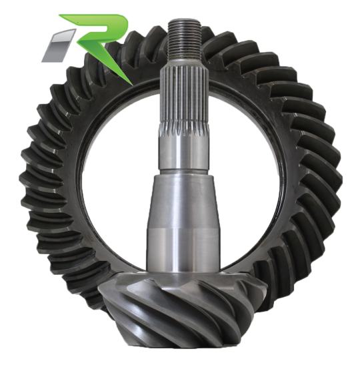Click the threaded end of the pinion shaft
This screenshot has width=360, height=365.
[x=184, y=39]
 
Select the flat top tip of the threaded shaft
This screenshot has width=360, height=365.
[x=184, y=21]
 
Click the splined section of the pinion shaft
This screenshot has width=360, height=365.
[x=184, y=99]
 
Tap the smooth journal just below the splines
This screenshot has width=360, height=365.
[x=183, y=153]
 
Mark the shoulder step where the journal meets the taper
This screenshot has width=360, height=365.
[x=183, y=173]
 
